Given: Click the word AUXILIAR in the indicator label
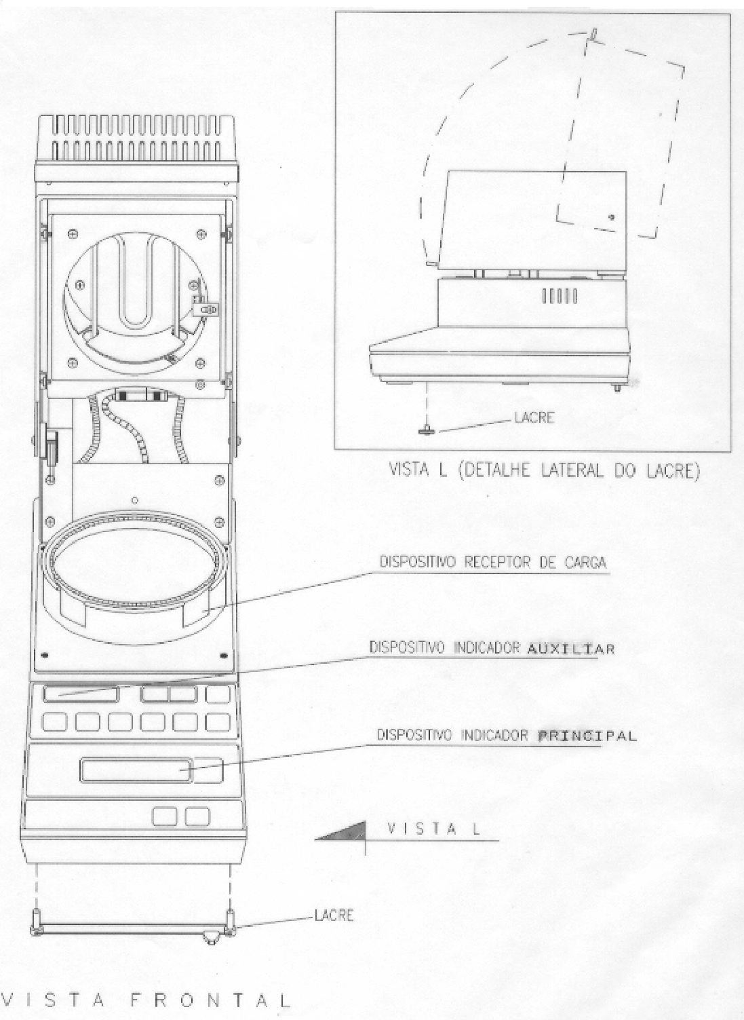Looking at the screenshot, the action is [570, 649].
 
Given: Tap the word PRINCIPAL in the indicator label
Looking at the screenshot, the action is [587, 736].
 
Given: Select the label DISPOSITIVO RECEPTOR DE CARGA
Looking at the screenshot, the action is [493, 563].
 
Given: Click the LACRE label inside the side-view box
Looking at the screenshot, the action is [534, 417].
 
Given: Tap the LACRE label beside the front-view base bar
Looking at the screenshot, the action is [334, 915].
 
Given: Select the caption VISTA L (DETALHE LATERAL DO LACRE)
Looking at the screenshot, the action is [544, 471].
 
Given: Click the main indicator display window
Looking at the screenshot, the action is [136, 770].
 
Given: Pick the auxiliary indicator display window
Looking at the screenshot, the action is [81, 694].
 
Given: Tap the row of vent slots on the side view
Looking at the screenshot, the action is [560, 297].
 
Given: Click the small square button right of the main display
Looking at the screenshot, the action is [208, 770].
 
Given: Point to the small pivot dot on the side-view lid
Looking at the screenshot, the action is [612, 217].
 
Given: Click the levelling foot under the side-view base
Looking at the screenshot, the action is [617, 387].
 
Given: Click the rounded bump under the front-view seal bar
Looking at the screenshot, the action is [210, 939].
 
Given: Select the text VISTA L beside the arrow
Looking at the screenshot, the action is [433, 829].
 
